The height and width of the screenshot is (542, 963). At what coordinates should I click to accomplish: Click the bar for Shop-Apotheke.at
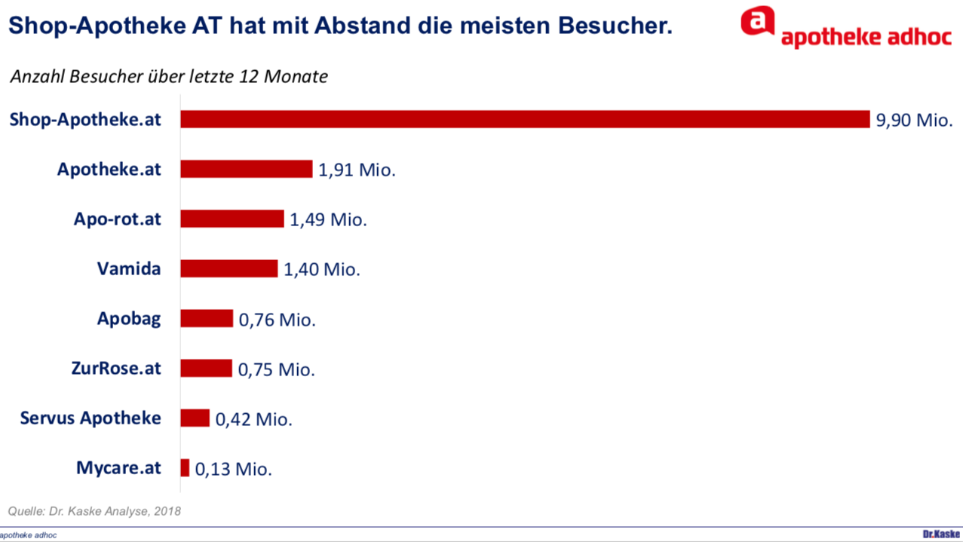point(525,119)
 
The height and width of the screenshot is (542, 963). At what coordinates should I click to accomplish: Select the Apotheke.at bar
point(246,169)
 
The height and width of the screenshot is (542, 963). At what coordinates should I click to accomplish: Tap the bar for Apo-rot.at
point(232,219)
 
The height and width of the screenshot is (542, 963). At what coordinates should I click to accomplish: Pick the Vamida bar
point(229,268)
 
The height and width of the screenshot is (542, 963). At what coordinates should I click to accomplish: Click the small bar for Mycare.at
point(185,468)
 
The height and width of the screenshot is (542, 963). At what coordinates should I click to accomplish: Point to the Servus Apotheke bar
point(195,418)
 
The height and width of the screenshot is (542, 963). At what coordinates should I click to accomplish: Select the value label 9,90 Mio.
point(914,121)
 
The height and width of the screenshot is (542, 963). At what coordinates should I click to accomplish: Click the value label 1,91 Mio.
point(357,170)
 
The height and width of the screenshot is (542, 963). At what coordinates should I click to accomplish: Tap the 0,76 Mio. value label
point(277,320)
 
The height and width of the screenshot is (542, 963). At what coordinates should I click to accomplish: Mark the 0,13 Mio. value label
point(233,469)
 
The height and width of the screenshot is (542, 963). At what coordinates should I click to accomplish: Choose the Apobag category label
point(129,319)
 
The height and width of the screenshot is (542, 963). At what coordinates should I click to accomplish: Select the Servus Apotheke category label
point(90,418)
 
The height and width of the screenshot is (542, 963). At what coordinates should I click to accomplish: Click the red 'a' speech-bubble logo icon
point(757,20)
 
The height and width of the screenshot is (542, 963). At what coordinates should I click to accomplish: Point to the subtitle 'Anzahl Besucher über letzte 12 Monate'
point(169,77)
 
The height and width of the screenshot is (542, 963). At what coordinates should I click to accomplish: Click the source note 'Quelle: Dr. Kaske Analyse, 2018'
point(94,511)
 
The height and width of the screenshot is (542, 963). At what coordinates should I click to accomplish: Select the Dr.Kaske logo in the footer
point(941,534)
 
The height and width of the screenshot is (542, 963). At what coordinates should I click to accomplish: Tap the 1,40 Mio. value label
point(322,270)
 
